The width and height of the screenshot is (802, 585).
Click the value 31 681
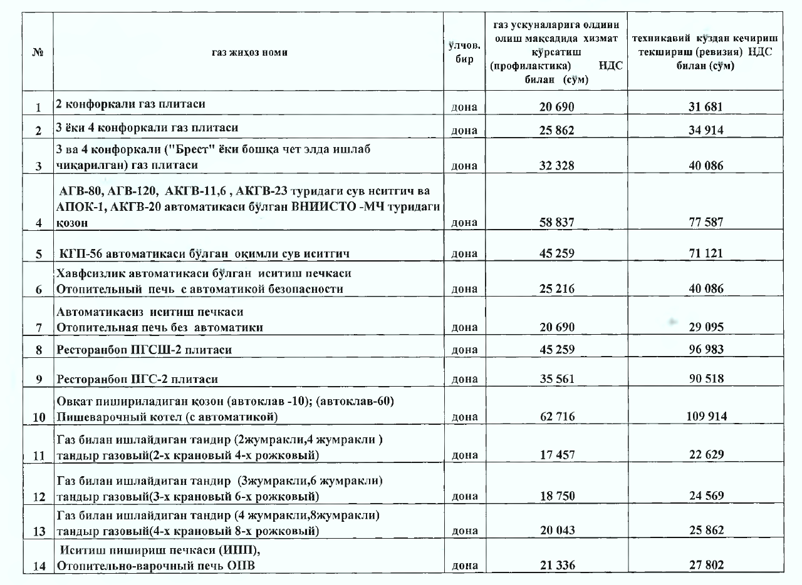click(x=706, y=107)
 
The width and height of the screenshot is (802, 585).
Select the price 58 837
click(x=557, y=222)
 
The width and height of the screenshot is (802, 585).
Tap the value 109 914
click(x=706, y=417)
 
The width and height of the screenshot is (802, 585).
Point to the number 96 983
click(x=706, y=350)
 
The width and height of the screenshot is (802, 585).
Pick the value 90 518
click(x=706, y=379)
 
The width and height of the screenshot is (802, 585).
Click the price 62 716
click(x=557, y=417)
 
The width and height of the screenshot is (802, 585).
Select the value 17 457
click(x=557, y=455)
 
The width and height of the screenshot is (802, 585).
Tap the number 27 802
click(x=706, y=565)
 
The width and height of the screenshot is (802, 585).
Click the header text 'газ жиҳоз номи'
click(x=250, y=53)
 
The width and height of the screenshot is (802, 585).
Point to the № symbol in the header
click(x=37, y=53)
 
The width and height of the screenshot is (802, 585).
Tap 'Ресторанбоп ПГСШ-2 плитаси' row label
click(x=143, y=350)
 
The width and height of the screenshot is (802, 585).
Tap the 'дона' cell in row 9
click(x=464, y=379)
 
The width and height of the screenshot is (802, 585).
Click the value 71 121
click(x=706, y=253)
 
